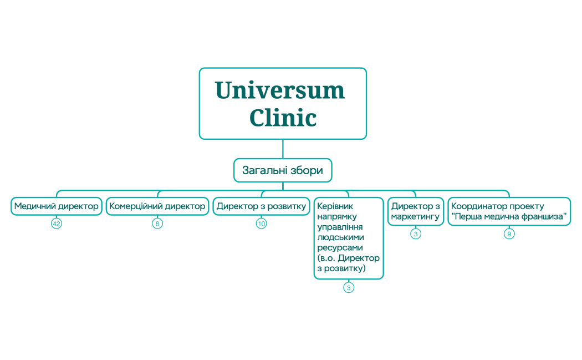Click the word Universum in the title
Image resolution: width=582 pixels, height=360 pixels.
pos(280,90)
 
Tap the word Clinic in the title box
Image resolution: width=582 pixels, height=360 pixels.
pos(283,118)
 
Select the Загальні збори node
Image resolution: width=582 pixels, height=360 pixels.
pos(283,170)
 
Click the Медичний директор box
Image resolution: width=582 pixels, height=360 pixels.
pos(57,206)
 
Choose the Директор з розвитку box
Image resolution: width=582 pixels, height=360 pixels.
pos(261,206)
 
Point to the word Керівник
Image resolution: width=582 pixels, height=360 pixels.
pos(334,206)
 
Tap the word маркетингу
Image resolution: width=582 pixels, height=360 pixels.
pos(415,217)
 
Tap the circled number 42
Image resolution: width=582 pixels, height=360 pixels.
pos(56,224)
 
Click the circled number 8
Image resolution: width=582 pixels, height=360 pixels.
pos(157,224)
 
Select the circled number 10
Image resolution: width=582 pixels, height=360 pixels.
pos(261,224)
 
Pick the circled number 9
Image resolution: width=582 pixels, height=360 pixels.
pos(509,234)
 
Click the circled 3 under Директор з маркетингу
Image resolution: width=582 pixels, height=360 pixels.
pos(416,234)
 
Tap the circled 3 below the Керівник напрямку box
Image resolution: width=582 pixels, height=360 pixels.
pos(349,287)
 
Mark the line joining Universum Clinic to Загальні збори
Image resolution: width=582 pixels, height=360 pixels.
pos(283,149)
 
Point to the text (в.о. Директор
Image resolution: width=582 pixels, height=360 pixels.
pos(349,258)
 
